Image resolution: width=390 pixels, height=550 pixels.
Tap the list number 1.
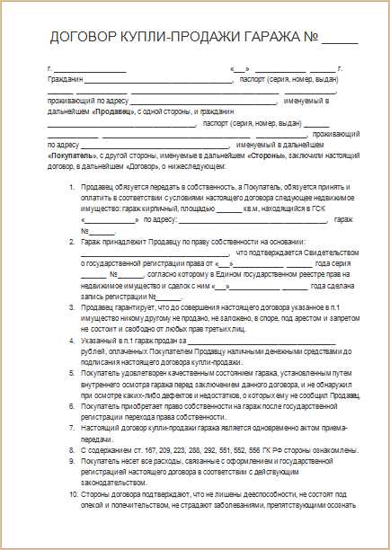[73, 186]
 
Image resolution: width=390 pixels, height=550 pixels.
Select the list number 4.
[73, 342]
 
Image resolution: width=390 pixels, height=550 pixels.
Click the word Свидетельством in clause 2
[329, 253]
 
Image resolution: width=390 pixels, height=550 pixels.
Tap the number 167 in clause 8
[155, 448]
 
